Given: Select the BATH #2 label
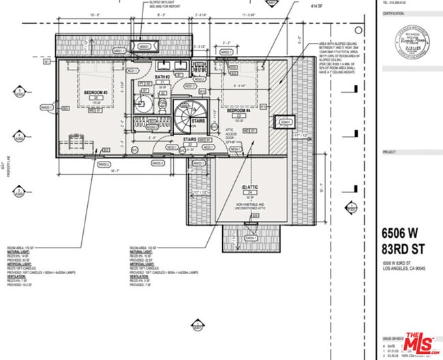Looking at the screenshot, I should pyautogui.click(x=162, y=77).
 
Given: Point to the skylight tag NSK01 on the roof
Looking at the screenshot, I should pyautogui.click(x=144, y=46).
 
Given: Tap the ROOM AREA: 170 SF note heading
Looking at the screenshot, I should pyautogui.click(x=21, y=247).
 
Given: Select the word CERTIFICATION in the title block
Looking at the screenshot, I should pyautogui.click(x=394, y=12).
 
